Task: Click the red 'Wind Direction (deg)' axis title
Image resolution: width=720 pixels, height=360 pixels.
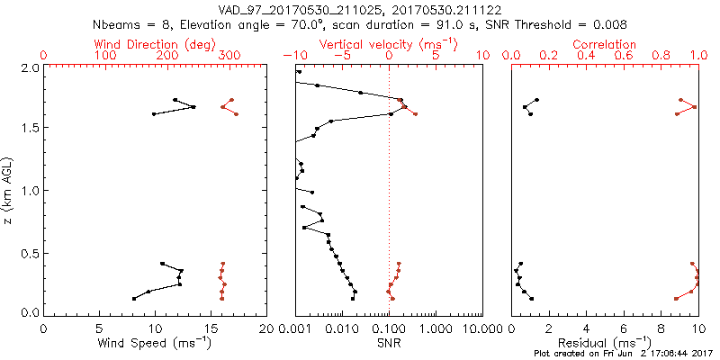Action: point(155,43)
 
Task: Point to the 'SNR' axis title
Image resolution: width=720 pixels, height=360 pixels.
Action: point(389,344)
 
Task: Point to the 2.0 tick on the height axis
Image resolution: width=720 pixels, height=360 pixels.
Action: point(28,67)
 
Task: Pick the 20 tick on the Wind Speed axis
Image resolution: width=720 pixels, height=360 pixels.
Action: point(266,328)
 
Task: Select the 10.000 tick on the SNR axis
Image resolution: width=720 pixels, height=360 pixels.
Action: point(481,328)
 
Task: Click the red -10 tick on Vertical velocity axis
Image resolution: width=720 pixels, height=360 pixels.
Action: point(295,56)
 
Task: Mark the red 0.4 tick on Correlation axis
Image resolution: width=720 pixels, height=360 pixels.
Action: point(586,56)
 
